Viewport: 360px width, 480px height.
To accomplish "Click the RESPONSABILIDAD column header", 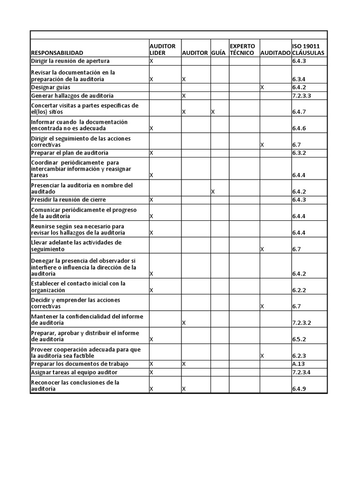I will point(57,53).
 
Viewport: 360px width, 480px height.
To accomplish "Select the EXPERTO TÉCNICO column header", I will point(242,50).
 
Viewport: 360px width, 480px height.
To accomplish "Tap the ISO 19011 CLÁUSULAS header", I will point(307,50).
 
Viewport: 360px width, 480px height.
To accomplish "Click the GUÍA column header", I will point(218,53).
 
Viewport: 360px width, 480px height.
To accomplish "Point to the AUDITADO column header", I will point(275,53).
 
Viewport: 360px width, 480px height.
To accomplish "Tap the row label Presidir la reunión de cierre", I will point(68,200).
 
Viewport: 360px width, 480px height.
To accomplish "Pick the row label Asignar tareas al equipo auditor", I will point(74,372).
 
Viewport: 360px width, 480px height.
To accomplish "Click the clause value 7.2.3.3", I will point(301,96).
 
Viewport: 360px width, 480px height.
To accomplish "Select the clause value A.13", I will point(299,364).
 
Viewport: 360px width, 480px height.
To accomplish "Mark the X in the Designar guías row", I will point(262,87).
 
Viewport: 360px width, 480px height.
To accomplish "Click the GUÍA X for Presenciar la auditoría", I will point(213,192).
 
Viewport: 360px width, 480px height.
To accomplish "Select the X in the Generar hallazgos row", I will point(184,96).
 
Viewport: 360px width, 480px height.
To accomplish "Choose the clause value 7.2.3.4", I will point(301,372).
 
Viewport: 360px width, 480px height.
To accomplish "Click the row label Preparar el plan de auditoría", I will point(69,153).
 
